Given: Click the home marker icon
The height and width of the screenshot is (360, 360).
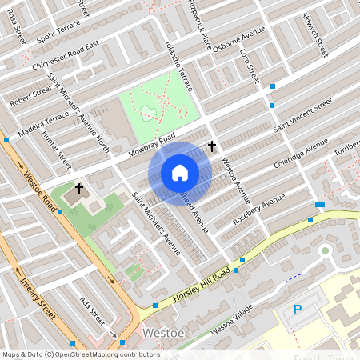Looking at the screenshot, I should point(179,173).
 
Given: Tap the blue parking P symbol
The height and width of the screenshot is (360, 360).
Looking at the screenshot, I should point(298,310).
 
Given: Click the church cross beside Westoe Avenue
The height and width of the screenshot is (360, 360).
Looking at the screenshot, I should point(212,146).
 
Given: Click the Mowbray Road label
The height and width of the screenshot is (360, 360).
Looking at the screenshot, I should point(150,145).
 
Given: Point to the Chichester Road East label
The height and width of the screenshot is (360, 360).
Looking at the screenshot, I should point(66,57).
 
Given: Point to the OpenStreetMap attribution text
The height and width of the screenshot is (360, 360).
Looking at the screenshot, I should point(80,354).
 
